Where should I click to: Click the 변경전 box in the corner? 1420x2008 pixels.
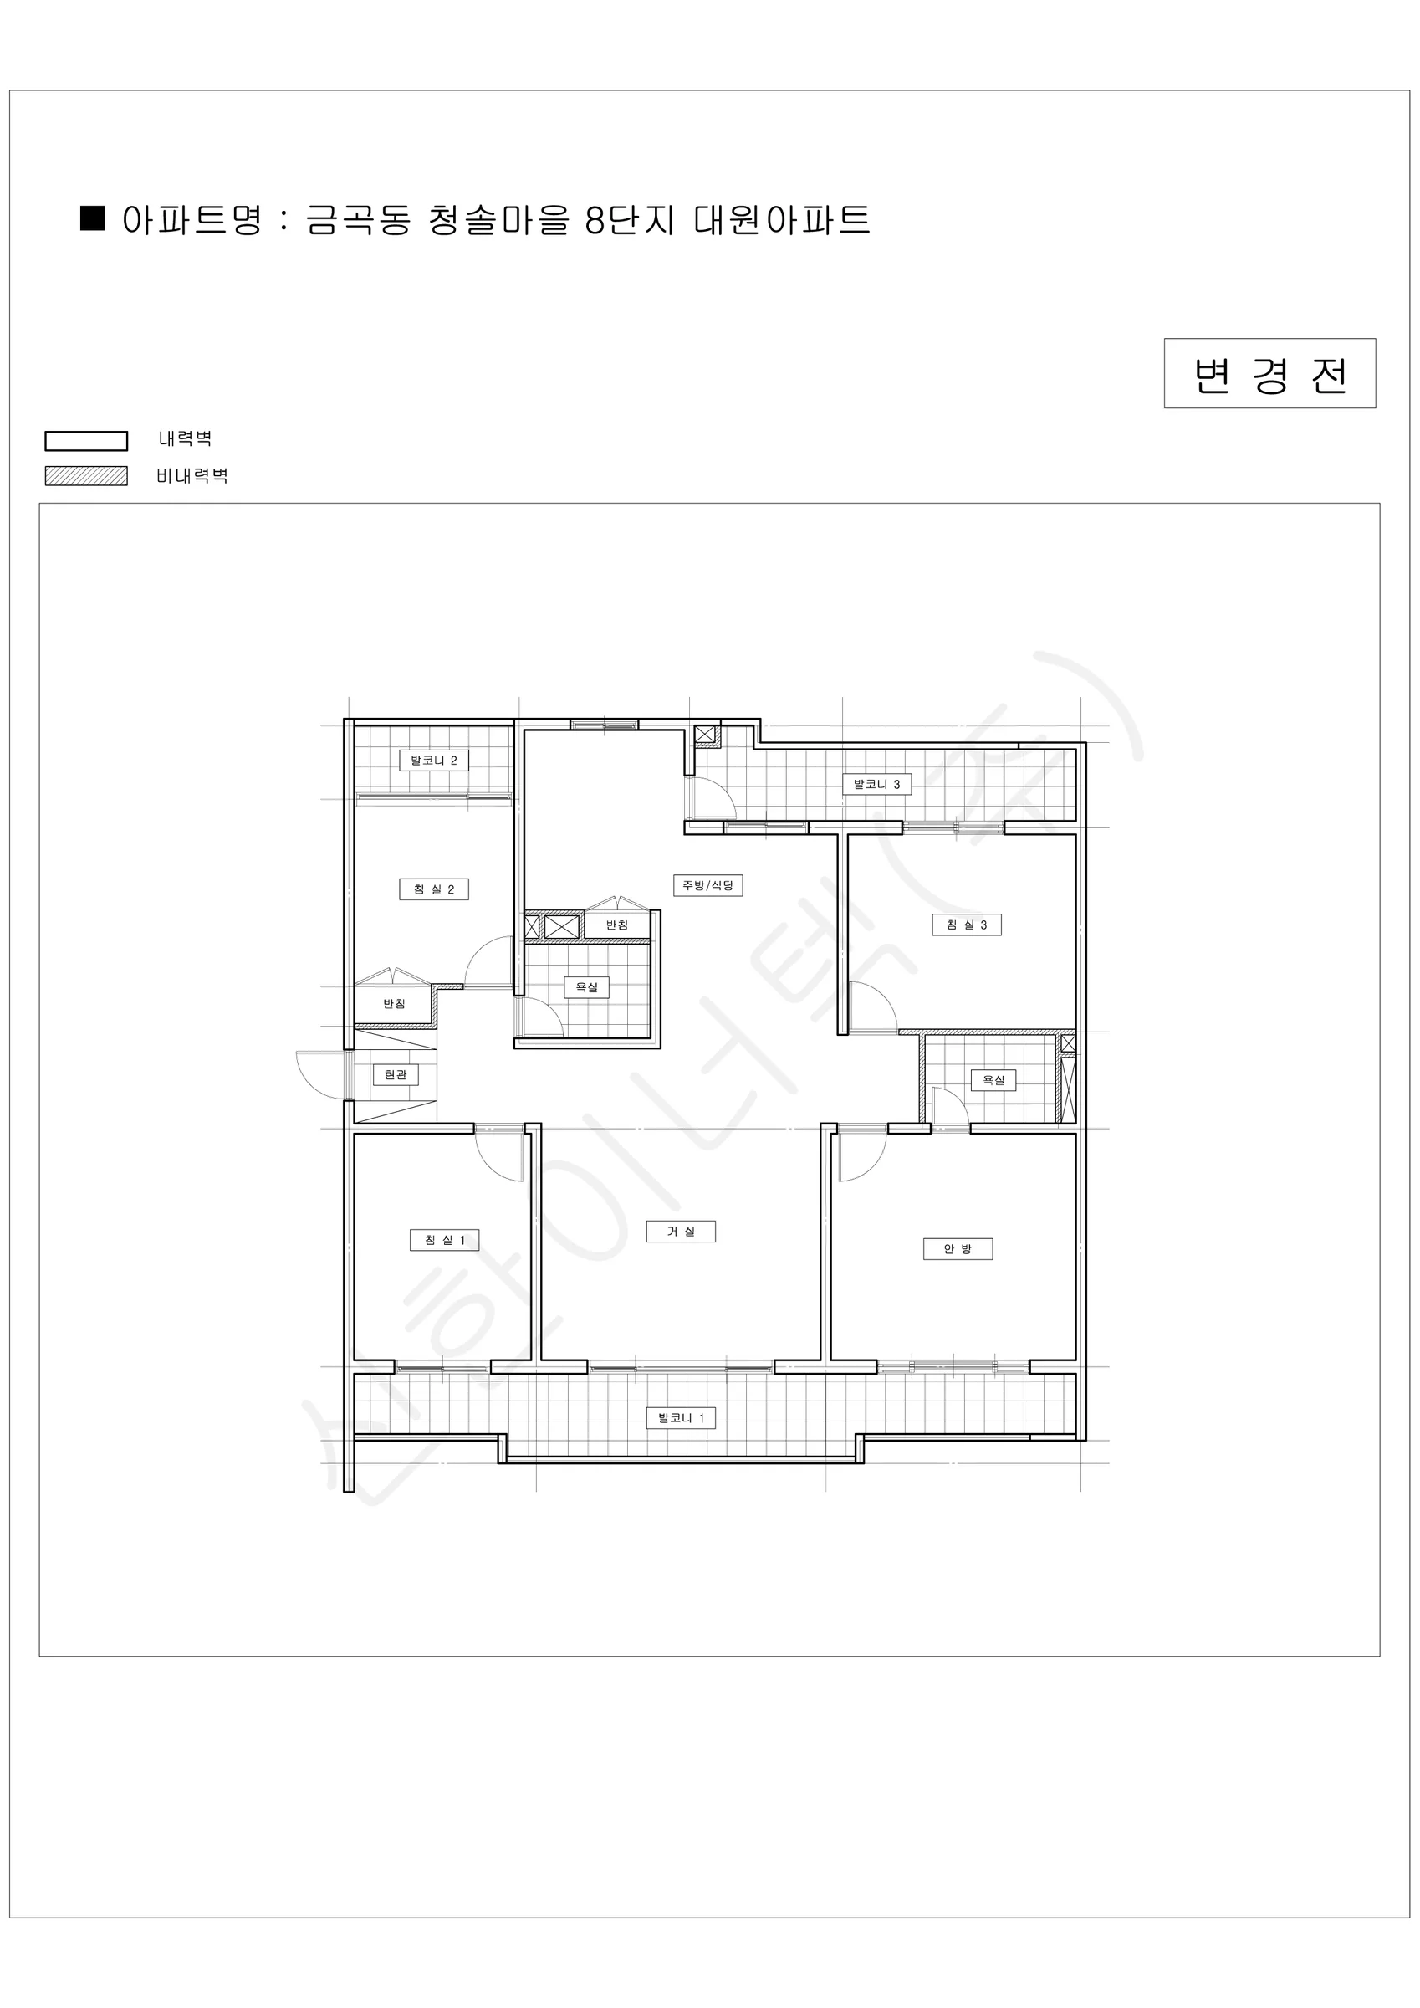tap(1269, 373)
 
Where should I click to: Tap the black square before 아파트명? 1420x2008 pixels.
tap(92, 218)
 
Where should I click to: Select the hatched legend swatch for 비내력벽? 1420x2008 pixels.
tap(87, 476)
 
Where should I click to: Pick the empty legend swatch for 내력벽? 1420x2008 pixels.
tap(87, 441)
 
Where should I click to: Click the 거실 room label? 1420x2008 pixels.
tap(681, 1232)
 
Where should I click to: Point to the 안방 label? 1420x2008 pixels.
tap(958, 1249)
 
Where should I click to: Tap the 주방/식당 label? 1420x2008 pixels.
tap(708, 885)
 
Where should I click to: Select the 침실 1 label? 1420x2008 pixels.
tap(445, 1240)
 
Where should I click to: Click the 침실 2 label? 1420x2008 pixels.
tap(434, 889)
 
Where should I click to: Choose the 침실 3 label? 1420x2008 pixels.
tap(966, 925)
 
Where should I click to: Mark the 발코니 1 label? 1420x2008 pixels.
tap(681, 1417)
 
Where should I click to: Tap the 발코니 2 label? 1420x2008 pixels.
tap(434, 761)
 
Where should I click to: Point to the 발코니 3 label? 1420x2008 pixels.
tap(877, 785)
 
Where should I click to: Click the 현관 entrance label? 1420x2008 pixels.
tap(396, 1074)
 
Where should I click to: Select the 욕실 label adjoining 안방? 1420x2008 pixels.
tap(993, 1080)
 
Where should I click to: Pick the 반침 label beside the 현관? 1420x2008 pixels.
tap(395, 1004)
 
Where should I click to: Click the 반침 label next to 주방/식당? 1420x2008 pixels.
tap(617, 925)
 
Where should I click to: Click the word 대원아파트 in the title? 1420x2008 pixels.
tap(782, 218)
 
